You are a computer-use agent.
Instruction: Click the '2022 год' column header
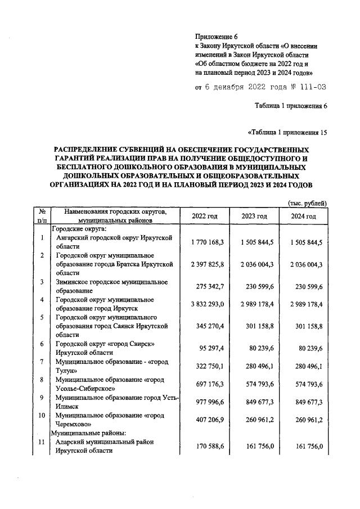coord(205,217)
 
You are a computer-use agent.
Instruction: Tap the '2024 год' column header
coord(303,217)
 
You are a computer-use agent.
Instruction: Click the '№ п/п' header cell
coord(42,217)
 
